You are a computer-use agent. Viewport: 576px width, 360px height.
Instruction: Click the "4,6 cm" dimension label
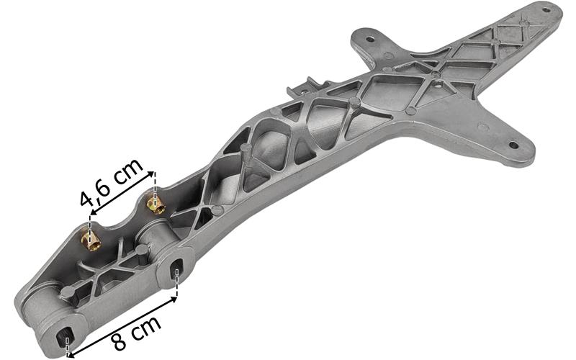pos(112,182)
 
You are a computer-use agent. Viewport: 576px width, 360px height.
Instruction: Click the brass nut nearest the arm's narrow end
pos(91,241)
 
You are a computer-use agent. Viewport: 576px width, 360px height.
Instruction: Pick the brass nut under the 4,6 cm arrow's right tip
pos(156,205)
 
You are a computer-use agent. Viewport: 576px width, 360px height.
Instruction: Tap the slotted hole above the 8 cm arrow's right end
pos(176,268)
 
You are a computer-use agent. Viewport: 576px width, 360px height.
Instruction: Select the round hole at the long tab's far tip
pos(546,10)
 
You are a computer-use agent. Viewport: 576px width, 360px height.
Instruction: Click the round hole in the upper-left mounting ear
pos(370,38)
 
